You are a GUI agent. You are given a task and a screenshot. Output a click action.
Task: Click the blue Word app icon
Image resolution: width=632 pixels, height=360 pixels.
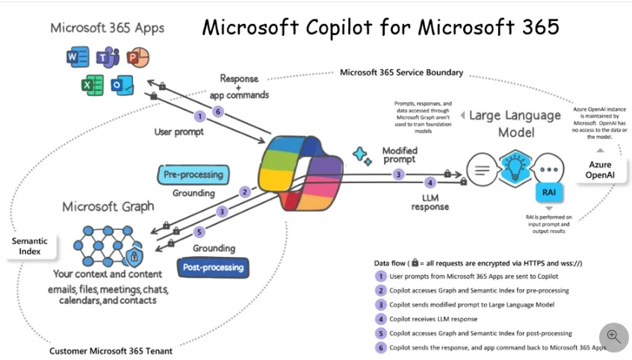pyautogui.click(x=77, y=58)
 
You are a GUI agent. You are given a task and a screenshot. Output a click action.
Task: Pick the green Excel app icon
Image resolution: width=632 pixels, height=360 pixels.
pyautogui.click(x=93, y=85)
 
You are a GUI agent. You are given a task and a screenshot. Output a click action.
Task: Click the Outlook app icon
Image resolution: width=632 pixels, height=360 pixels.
pyautogui.click(x=121, y=85)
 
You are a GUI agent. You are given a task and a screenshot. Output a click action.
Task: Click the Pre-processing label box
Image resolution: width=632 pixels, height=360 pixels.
pyautogui.click(x=193, y=175)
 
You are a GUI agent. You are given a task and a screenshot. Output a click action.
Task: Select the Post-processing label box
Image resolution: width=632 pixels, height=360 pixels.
pyautogui.click(x=213, y=267)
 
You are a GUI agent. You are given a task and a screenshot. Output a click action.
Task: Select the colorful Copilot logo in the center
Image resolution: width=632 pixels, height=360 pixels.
pyautogui.click(x=299, y=171)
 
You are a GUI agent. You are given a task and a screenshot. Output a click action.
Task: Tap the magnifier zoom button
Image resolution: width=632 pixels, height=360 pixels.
pyautogui.click(x=613, y=337)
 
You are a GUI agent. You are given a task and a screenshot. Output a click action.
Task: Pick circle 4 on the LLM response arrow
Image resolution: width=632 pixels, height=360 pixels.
pyautogui.click(x=430, y=183)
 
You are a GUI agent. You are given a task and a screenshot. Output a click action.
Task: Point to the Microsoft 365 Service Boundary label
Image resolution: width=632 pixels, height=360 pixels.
pyautogui.click(x=401, y=72)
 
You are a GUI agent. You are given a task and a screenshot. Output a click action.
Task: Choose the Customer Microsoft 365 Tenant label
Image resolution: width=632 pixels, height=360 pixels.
pyautogui.click(x=111, y=350)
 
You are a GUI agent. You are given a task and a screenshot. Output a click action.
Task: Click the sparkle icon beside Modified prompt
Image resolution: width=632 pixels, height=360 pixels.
pyautogui.click(x=362, y=155)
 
